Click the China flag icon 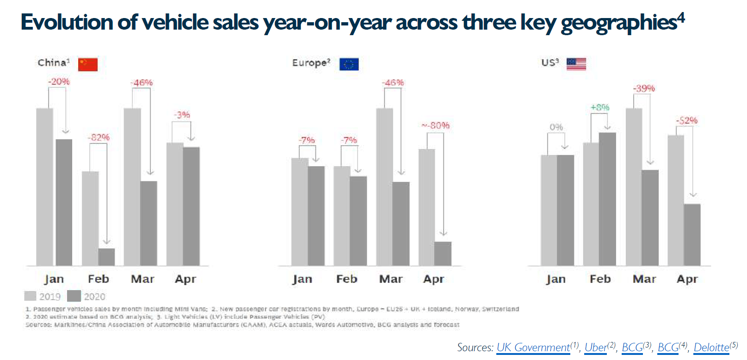point(88,64)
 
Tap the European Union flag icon point(349,64)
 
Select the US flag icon point(576,64)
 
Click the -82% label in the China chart point(99,137)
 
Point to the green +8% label point(600,107)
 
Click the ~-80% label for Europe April point(435,125)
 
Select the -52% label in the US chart point(686,120)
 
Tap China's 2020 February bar point(107,257)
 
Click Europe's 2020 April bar point(443,254)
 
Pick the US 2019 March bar point(634,187)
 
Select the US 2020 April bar point(692,235)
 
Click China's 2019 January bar point(44,187)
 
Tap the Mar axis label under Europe point(391,279)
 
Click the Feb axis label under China point(99,279)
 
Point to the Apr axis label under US point(687,279)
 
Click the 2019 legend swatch point(31,296)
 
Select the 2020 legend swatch point(74,296)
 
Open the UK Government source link point(533,348)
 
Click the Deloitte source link point(711,348)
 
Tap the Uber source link point(596,348)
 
